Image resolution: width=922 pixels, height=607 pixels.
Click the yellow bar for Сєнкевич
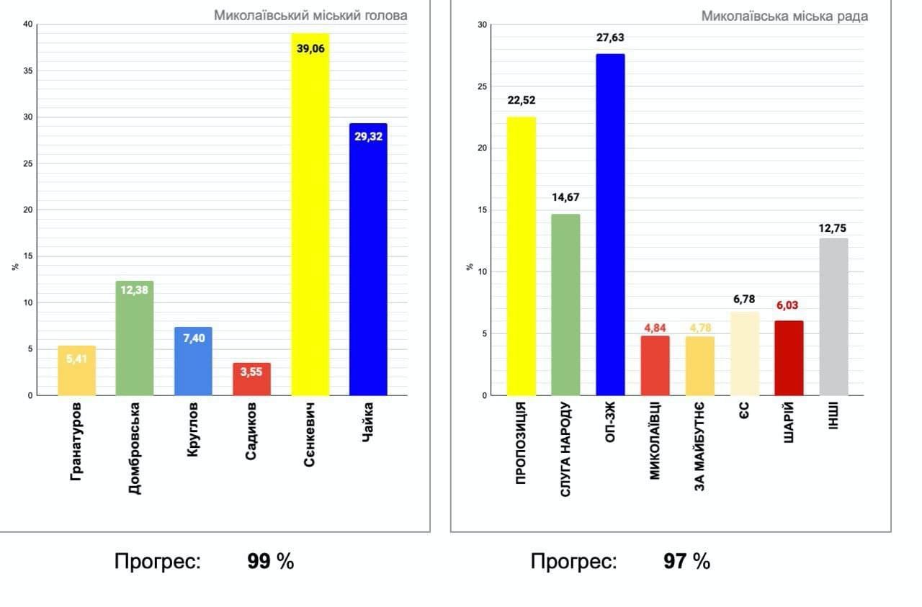(310, 216)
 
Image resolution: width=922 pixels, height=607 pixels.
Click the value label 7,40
(193, 338)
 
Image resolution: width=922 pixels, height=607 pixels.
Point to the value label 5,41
(76, 358)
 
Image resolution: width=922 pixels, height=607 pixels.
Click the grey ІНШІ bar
(833, 317)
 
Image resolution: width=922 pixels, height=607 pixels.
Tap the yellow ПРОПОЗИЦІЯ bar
(522, 256)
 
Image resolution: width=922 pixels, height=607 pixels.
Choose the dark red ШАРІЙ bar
(789, 358)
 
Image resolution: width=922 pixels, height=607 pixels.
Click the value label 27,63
(610, 37)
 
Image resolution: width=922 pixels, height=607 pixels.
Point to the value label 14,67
(565, 197)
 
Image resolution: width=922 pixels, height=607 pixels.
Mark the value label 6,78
(744, 298)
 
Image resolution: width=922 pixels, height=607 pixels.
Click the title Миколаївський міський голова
(310, 15)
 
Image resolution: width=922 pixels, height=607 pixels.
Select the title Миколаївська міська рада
(784, 16)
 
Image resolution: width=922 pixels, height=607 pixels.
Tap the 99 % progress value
(270, 562)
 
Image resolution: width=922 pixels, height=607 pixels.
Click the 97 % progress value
(686, 562)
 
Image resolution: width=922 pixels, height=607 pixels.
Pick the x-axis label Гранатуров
(76, 441)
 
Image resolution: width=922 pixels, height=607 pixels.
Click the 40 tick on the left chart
(27, 24)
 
